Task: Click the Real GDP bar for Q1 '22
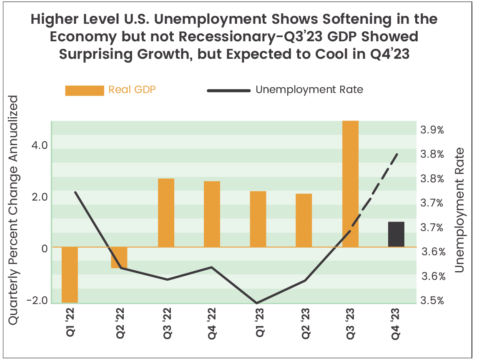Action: [70, 274]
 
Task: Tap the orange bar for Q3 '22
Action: [166, 213]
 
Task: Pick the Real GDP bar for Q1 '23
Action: [258, 219]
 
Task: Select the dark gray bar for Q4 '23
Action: [396, 234]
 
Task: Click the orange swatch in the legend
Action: [84, 90]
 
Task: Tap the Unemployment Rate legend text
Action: [309, 90]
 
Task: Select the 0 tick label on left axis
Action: [44, 247]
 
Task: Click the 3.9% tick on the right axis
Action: [432, 130]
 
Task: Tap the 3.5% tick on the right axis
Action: [432, 301]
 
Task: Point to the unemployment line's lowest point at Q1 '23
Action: [257, 303]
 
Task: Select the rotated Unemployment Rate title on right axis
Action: [459, 210]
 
